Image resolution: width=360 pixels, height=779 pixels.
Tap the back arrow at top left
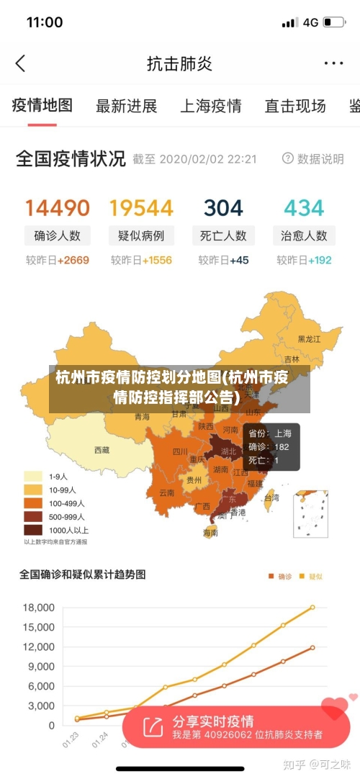(20, 63)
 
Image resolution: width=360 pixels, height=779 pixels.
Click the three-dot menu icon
(333, 63)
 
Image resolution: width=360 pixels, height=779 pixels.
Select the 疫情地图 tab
(42, 106)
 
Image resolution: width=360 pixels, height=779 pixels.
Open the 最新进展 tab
(126, 107)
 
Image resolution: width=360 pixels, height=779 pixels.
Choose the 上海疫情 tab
(210, 107)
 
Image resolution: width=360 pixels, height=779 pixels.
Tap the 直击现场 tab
(294, 107)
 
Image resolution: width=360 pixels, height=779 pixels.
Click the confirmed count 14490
(58, 208)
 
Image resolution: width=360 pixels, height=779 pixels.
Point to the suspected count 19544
(141, 208)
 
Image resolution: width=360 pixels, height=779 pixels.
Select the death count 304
(223, 208)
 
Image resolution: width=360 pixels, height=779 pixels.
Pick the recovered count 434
(304, 208)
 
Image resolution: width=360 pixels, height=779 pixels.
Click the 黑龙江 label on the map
(310, 338)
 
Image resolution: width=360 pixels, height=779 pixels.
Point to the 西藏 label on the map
(102, 450)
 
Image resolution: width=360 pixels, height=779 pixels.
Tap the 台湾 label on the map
(271, 497)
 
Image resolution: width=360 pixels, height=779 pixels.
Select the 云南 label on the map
(166, 493)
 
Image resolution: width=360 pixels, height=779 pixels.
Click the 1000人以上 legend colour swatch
(33, 530)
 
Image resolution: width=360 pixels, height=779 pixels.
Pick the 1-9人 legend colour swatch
(33, 477)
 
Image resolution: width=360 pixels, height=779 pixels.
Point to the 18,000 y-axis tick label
(39, 608)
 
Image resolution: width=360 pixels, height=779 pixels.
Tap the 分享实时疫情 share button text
(212, 721)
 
